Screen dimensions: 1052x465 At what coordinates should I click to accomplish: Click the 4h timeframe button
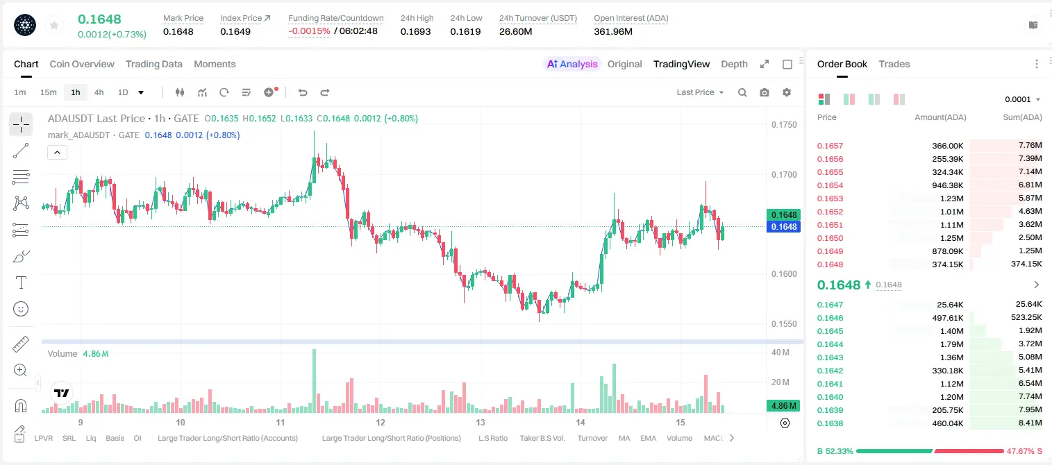[x=99, y=92]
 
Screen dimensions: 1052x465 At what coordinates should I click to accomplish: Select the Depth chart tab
[x=734, y=65]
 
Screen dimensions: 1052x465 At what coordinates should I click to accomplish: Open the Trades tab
[x=894, y=65]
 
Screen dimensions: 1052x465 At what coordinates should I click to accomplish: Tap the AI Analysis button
[x=572, y=65]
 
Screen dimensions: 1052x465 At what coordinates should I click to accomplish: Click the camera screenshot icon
[x=765, y=92]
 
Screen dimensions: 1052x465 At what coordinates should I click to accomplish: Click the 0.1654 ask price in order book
[x=830, y=185]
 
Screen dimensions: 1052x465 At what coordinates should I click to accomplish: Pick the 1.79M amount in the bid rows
[x=950, y=344]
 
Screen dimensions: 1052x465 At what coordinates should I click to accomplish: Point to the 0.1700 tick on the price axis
[x=784, y=175]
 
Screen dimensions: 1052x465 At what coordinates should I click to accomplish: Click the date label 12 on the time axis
[x=381, y=423]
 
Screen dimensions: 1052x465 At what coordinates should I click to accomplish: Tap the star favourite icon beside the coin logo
[x=54, y=26]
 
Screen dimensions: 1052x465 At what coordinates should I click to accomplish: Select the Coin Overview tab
[x=82, y=65]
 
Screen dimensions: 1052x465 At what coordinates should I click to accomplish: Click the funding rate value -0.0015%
[x=309, y=31]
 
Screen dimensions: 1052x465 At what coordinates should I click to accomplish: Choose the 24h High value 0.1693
[x=415, y=31]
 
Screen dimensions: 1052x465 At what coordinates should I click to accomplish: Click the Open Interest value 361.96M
[x=613, y=31]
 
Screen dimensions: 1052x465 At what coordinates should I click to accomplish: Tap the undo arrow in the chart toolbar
[x=303, y=92]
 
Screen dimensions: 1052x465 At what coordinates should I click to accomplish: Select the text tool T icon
[x=21, y=282]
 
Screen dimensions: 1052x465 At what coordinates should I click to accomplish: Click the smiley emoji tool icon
[x=21, y=309]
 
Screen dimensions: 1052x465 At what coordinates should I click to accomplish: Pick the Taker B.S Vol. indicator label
[x=542, y=438]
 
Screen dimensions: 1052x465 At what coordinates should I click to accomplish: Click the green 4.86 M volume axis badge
[x=783, y=406]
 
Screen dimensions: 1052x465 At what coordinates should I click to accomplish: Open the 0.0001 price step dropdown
[x=1022, y=99]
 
